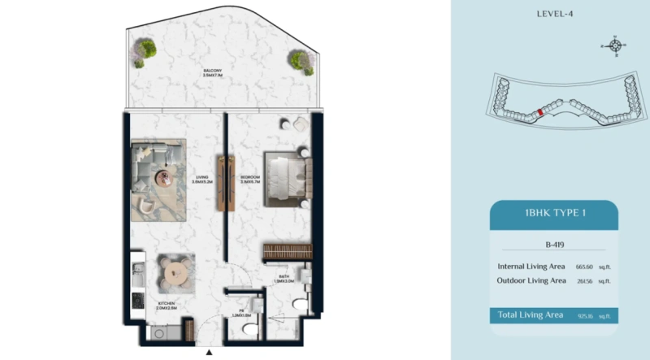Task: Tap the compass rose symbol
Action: (x=615, y=46)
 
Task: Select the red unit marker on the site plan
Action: (x=540, y=113)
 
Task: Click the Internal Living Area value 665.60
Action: (x=584, y=266)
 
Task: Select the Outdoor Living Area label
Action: (x=531, y=280)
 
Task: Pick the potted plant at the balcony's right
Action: (x=301, y=59)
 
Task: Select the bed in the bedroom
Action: (x=287, y=178)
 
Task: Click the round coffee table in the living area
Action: (x=167, y=178)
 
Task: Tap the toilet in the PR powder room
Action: (x=249, y=327)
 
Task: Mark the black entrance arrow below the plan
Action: (x=210, y=353)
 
